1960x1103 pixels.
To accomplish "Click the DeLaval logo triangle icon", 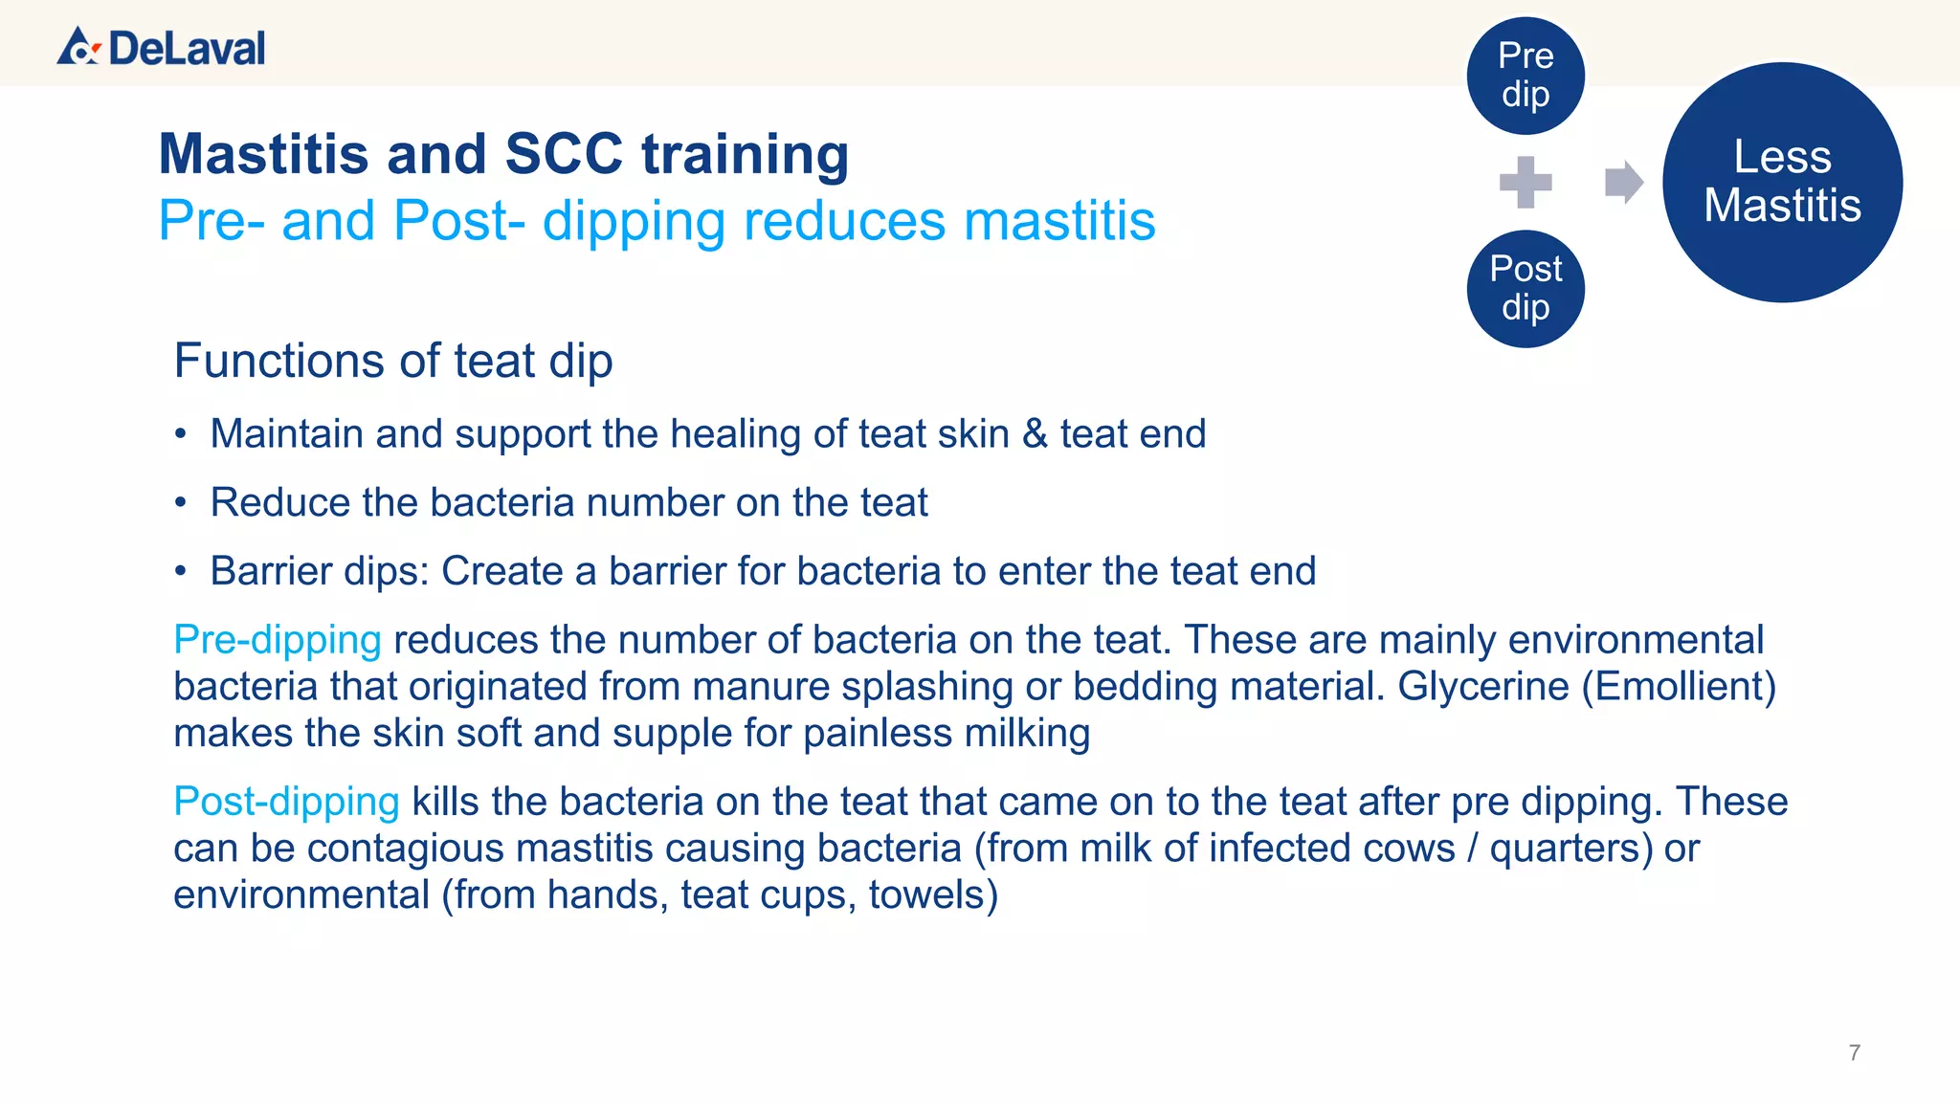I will click(78, 47).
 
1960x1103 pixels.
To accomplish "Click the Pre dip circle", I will click(1526, 76).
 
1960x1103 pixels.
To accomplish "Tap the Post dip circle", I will click(1526, 289).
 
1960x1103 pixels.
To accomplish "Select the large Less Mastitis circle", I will click(1782, 182).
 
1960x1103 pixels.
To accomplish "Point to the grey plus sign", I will click(1526, 182).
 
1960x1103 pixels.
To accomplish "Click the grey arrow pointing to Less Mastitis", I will click(1623, 182).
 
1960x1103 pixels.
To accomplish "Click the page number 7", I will click(1854, 1053).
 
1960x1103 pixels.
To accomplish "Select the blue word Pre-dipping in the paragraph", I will click(278, 639).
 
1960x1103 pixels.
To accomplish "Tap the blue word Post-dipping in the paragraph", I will click(286, 801).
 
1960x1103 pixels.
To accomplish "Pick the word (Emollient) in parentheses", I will click(1679, 686).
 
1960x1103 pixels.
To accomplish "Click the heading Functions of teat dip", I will click(393, 361).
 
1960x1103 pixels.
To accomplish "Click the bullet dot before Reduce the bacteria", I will click(181, 503).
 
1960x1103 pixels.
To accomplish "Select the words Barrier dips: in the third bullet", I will click(320, 571).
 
